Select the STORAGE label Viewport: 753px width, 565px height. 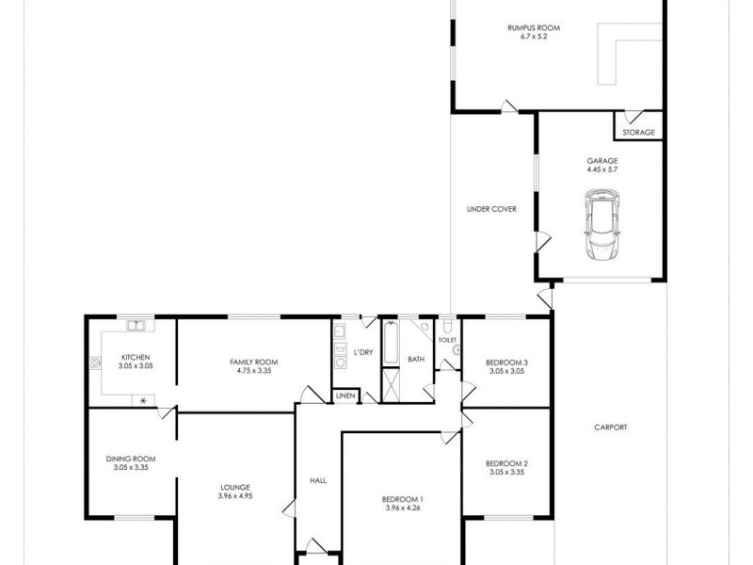(638, 133)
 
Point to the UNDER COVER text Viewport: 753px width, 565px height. (491, 209)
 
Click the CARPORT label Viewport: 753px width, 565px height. (610, 428)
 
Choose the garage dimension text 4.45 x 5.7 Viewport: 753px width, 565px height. (601, 171)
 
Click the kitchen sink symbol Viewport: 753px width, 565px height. (137, 326)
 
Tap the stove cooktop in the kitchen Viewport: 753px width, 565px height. (94, 363)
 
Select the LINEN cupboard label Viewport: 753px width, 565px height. (344, 396)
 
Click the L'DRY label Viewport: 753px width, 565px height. (363, 352)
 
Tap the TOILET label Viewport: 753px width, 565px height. (447, 340)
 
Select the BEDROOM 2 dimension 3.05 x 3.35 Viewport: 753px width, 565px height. (506, 473)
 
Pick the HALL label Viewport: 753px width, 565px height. (318, 481)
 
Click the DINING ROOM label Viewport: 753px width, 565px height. (130, 459)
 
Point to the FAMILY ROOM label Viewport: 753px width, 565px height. (253, 362)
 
